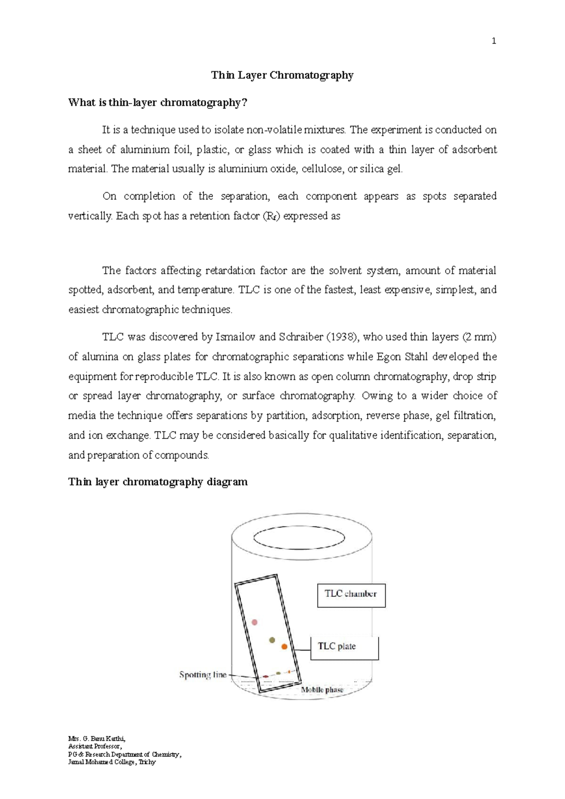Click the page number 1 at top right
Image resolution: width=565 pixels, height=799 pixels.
pos(493,41)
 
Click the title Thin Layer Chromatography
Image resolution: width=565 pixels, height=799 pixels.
pos(282,75)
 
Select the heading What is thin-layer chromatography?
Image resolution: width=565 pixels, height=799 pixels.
pos(157,103)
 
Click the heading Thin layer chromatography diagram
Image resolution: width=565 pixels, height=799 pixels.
pos(158,482)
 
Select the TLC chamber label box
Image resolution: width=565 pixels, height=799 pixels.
pos(351,595)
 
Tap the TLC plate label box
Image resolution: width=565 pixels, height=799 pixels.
pos(344,647)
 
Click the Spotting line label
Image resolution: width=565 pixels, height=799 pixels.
pos(202,675)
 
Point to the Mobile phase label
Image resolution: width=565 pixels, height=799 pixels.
pos(322,690)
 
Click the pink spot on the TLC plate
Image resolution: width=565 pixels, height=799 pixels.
pos(255,622)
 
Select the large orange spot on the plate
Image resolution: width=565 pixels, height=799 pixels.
pos(284,647)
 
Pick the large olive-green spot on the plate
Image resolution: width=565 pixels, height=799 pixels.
pos(272,639)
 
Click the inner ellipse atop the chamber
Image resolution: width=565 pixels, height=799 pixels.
pos(299,537)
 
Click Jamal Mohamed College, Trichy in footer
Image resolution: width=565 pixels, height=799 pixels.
pos(112,762)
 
